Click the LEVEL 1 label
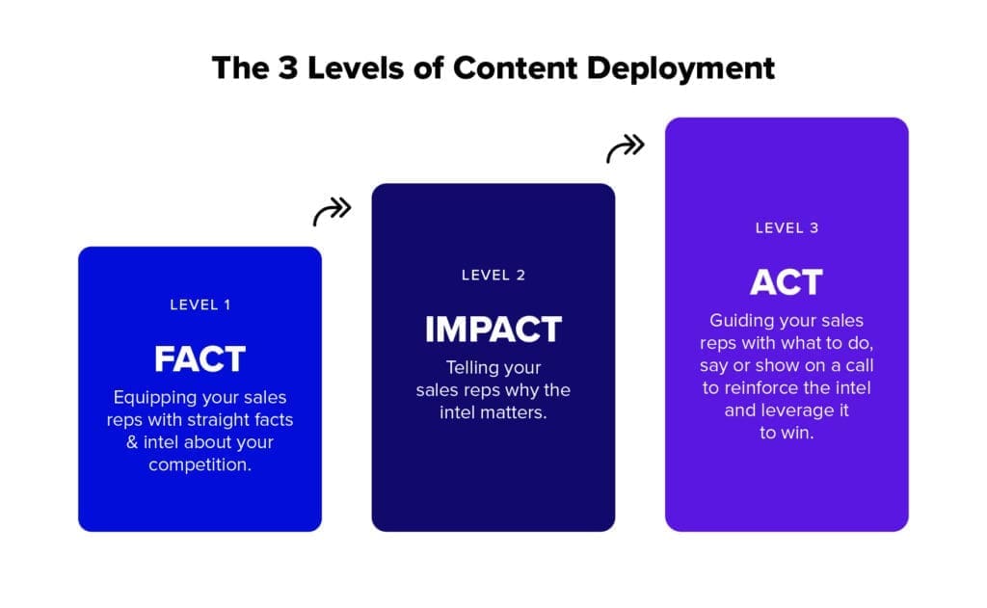200,304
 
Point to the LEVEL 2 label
493,275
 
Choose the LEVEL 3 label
787,228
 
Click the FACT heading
200,359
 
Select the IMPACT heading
493,330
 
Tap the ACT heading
787,282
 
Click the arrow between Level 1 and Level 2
333,212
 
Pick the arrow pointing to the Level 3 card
626,148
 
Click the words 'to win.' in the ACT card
787,433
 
